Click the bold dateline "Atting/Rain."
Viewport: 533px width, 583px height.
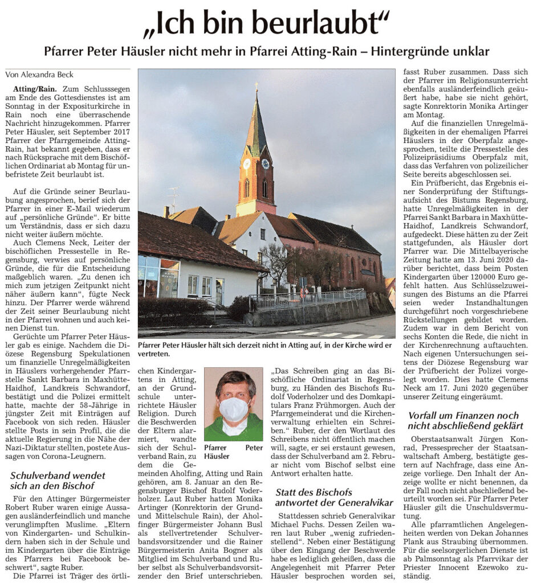pos(31,89)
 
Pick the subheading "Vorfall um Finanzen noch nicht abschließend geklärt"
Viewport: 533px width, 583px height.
pos(463,421)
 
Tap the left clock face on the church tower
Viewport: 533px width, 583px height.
pos(247,163)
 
